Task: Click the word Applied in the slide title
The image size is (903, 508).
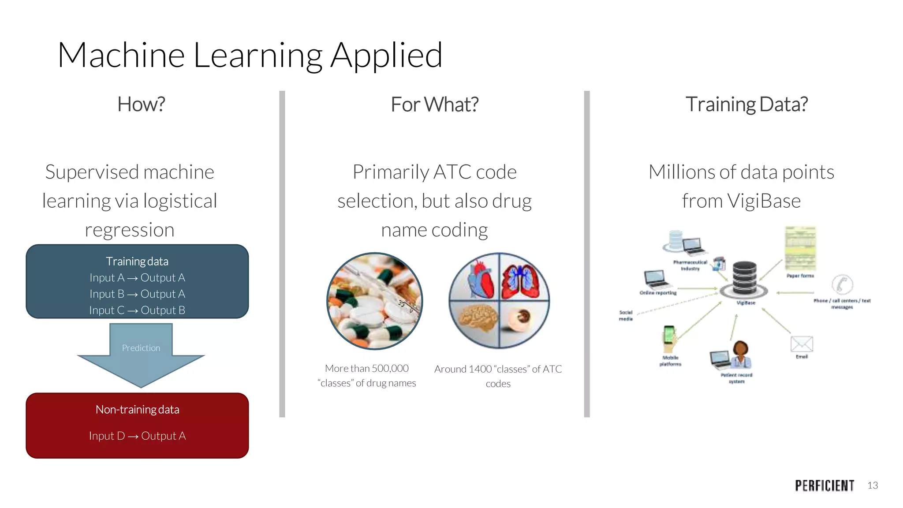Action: (386, 56)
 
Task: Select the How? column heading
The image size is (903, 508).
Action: (141, 105)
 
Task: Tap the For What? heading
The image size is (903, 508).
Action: (434, 105)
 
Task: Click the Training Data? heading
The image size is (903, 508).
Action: (746, 105)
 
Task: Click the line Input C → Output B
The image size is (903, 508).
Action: (137, 310)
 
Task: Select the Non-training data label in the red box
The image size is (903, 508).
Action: (137, 410)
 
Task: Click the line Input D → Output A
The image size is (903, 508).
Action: (137, 436)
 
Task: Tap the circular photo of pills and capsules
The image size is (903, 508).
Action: (374, 301)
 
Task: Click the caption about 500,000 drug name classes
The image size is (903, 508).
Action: (366, 376)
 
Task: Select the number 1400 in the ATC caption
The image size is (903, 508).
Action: (480, 369)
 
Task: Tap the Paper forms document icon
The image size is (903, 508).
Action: (800, 248)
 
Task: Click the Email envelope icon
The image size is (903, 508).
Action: (802, 344)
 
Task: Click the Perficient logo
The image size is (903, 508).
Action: (825, 486)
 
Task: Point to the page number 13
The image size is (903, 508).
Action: (873, 486)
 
